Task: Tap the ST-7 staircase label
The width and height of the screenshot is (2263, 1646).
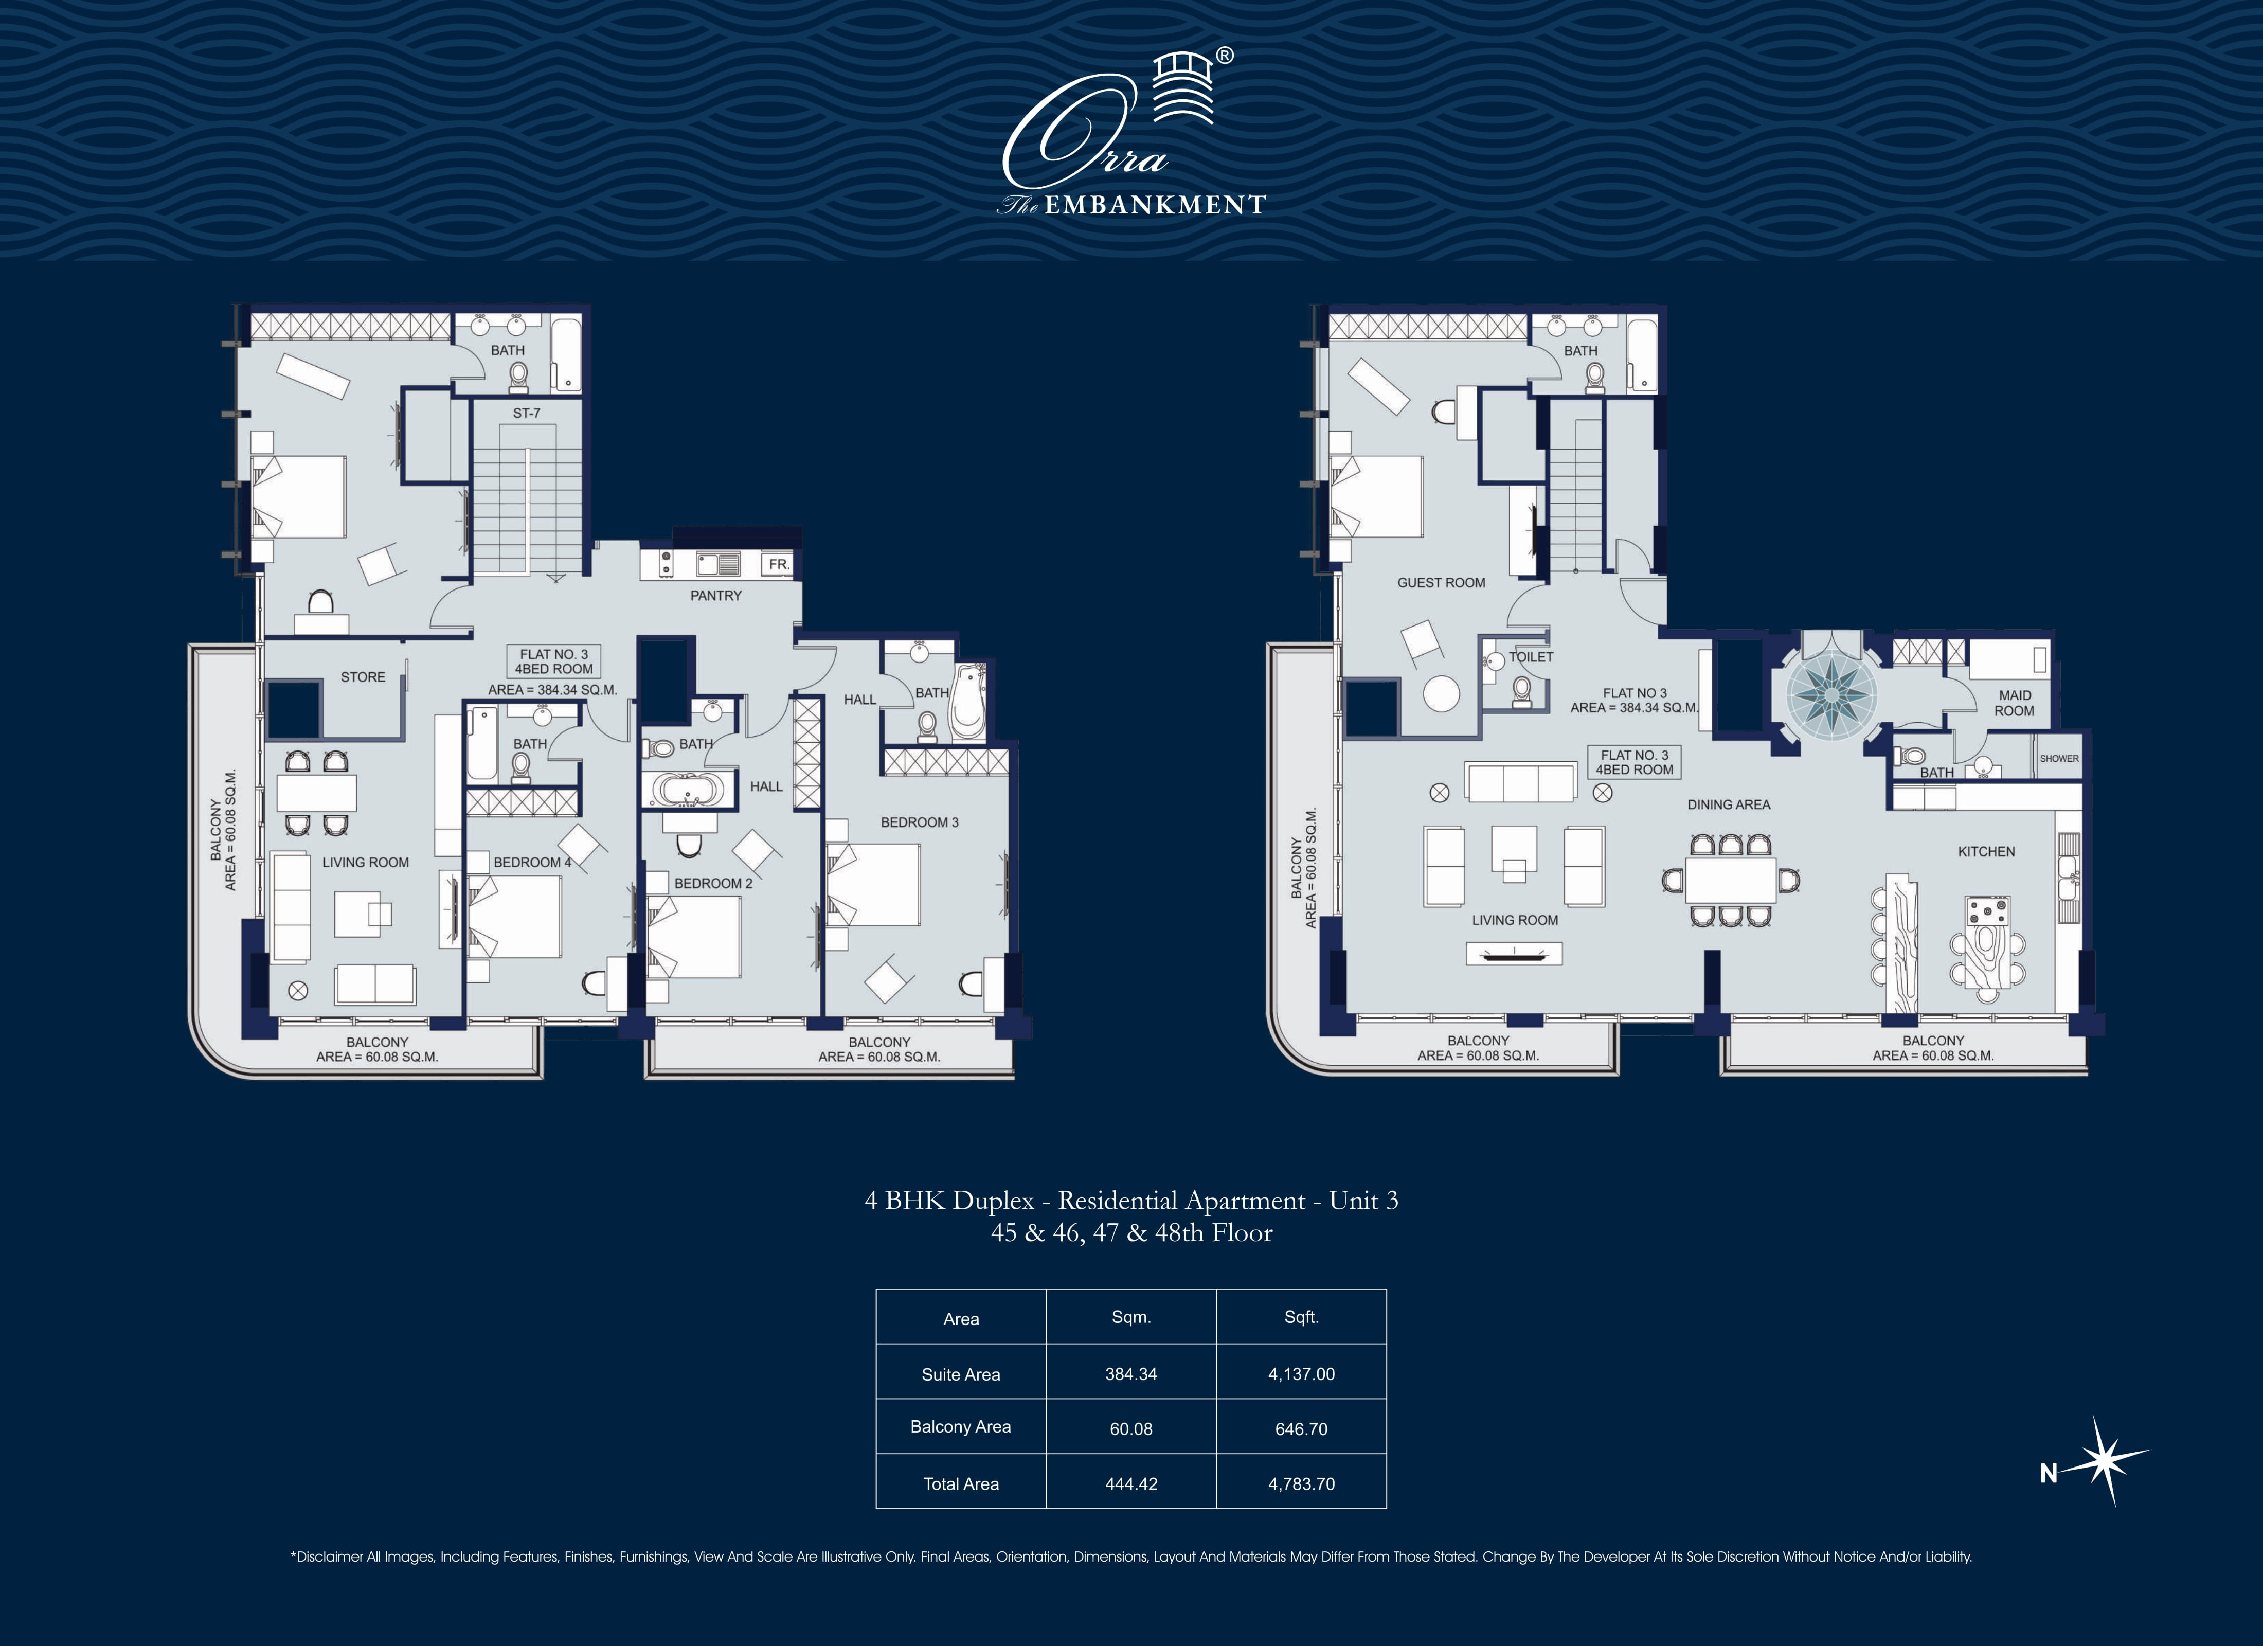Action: [x=527, y=413]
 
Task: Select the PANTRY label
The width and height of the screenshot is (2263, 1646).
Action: [x=715, y=596]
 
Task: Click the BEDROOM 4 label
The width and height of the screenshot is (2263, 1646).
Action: [x=532, y=863]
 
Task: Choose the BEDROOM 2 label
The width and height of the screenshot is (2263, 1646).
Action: [x=712, y=883]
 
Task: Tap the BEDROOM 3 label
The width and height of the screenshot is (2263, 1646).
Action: [x=919, y=822]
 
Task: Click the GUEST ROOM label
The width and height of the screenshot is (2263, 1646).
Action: [x=1441, y=583]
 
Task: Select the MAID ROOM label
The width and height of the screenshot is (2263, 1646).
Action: [x=2014, y=703]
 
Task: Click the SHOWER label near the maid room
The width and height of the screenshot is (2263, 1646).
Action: [x=2058, y=759]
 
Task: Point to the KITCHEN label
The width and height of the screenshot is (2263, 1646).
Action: [x=1986, y=851]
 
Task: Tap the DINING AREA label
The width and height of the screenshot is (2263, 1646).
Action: [x=1728, y=804]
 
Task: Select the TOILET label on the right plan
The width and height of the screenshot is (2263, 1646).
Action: [x=1531, y=657]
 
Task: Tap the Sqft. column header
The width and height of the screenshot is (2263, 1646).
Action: [x=1301, y=1318]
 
